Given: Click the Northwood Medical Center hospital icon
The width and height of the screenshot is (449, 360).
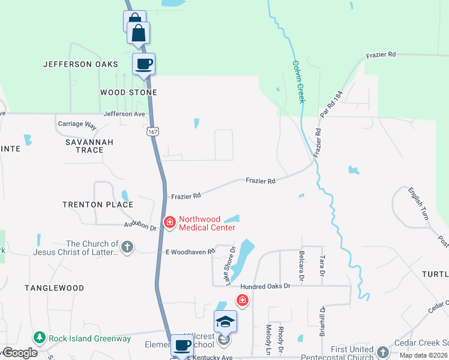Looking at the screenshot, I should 170,223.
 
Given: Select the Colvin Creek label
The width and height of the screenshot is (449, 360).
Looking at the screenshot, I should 298,81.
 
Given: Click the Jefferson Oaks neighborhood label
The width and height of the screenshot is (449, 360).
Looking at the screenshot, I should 76,64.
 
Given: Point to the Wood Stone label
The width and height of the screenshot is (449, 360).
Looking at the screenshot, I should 128,92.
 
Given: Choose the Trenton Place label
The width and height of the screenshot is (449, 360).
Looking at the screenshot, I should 98,205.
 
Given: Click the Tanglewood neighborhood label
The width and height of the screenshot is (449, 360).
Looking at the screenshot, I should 54,288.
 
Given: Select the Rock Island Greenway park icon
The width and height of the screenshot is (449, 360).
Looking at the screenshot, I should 40,338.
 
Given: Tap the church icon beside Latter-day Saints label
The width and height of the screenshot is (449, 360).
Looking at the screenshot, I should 127,247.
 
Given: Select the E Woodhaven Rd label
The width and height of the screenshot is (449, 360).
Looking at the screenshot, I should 190,252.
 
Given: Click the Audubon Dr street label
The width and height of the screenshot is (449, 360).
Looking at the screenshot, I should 140,226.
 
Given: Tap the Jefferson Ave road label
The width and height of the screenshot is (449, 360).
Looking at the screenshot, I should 124,113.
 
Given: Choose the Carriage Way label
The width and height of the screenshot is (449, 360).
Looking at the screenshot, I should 77,125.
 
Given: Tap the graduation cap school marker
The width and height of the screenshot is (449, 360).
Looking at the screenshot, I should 226,322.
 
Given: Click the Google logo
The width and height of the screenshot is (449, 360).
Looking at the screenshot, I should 20,353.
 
